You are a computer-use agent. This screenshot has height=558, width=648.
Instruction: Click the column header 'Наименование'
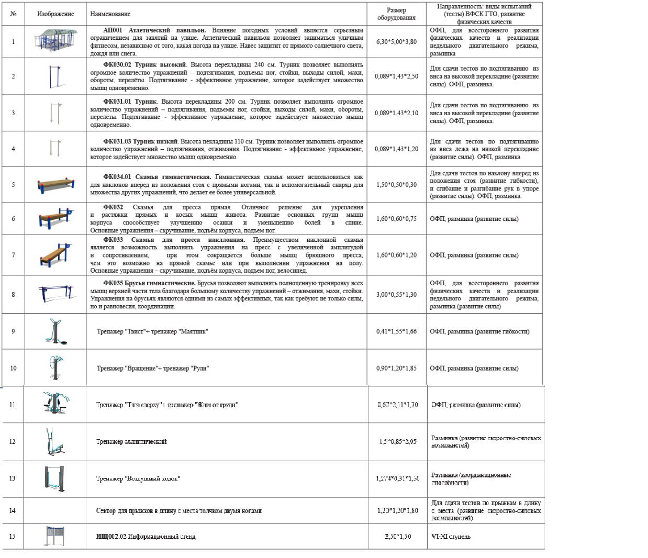tap(110, 14)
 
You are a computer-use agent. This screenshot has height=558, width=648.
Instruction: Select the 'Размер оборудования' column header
tap(396, 14)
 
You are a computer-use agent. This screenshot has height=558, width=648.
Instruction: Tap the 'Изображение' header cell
tap(55, 14)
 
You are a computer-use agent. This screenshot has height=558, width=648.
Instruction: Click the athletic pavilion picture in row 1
tap(56, 41)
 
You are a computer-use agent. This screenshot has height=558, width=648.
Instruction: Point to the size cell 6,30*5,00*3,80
tap(396, 42)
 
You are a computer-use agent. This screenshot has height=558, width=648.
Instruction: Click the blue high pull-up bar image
tap(54, 76)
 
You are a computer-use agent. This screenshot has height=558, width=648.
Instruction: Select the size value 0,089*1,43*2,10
tap(396, 113)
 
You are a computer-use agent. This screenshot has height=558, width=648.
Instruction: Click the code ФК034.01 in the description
tap(117, 177)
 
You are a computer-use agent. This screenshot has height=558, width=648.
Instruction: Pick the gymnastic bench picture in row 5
tap(55, 184)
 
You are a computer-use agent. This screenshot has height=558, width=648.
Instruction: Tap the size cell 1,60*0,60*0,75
tap(396, 219)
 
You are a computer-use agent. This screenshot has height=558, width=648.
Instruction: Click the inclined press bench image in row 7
tap(55, 255)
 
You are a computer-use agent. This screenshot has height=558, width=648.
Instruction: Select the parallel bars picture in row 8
tap(55, 293)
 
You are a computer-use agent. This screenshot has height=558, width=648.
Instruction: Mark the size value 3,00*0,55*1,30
tap(396, 295)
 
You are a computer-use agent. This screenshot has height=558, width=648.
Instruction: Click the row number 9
tap(13, 331)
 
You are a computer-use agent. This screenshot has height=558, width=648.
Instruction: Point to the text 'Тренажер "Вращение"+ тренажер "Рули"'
tap(153, 369)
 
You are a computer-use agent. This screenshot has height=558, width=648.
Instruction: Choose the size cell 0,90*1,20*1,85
tap(396, 369)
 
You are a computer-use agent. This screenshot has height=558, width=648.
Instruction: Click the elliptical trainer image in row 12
tap(54, 441)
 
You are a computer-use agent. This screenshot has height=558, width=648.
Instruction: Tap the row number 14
tap(13, 510)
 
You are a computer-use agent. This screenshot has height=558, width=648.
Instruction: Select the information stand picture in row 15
tap(54, 536)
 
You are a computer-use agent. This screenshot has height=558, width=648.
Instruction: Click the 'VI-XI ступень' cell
tap(451, 537)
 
